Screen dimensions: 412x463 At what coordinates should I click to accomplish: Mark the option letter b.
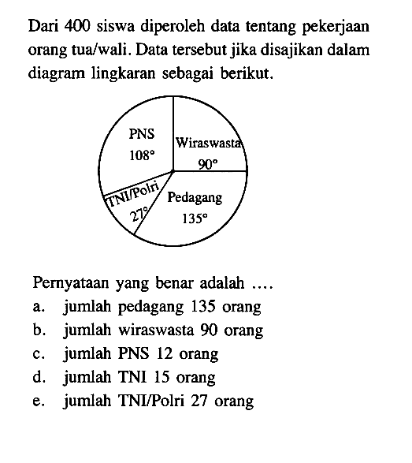(x=39, y=330)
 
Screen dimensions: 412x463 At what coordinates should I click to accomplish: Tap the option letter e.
(x=39, y=401)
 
